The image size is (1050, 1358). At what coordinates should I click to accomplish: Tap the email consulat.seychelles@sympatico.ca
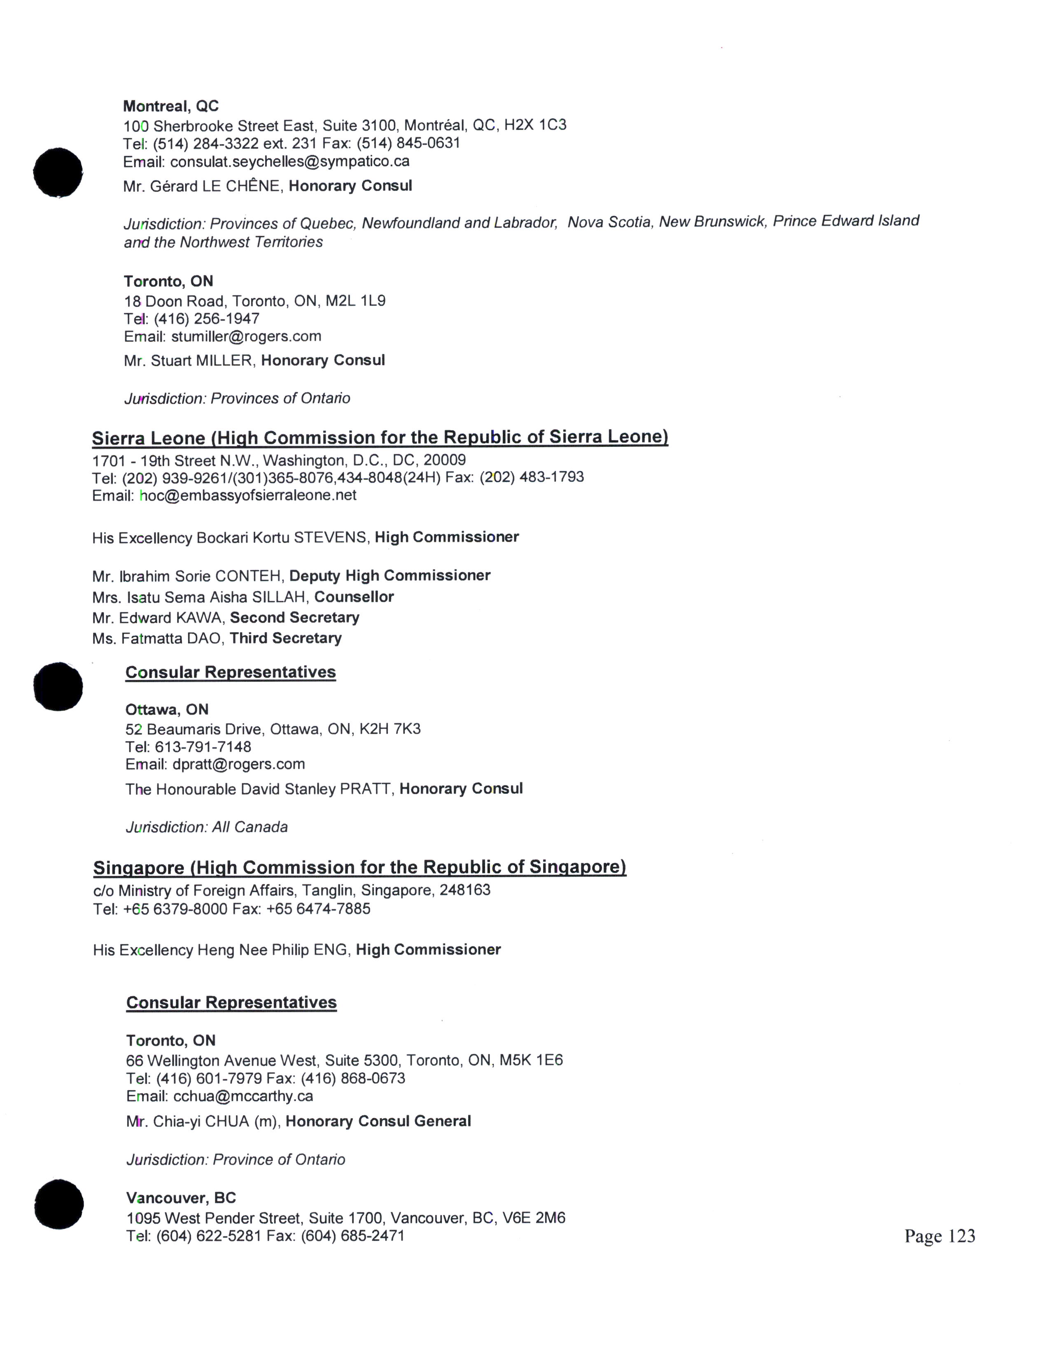coord(290,162)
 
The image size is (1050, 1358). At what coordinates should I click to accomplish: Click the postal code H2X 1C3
coord(535,125)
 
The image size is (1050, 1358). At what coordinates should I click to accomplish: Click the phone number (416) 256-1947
coord(207,319)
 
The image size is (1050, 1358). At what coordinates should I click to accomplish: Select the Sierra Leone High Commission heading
coord(380,438)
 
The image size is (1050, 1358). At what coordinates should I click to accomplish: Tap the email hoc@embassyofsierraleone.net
coord(248,495)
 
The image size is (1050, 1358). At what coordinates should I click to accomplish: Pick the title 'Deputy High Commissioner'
coord(390,576)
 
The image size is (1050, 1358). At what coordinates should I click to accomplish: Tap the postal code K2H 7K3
coord(390,729)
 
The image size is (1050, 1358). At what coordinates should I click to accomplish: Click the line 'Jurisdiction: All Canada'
coord(207,827)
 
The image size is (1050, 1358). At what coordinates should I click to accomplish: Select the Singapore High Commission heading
coord(359,867)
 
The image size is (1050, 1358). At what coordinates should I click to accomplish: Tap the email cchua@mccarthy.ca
coord(243,1096)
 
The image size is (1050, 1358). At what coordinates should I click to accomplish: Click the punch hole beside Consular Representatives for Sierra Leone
coord(58,686)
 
